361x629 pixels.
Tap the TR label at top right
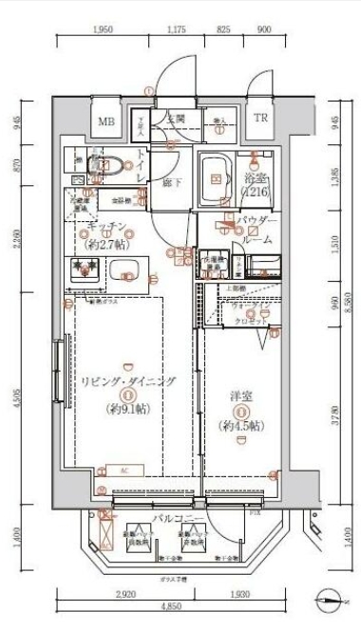coord(260,119)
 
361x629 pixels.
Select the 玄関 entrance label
coord(176,119)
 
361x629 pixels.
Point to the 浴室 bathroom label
coord(254,179)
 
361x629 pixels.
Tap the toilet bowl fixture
coord(103,166)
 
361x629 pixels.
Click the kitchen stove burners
coord(89,270)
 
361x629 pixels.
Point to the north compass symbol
coord(330,599)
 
